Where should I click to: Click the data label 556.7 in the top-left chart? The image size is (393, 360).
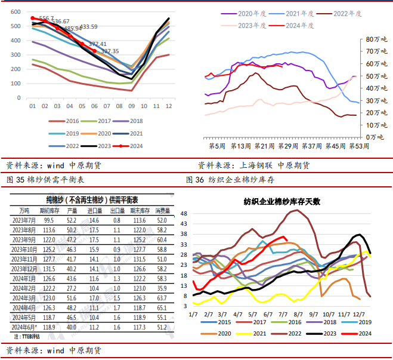(x=46, y=19)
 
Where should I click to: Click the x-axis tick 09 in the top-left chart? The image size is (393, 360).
(x=132, y=106)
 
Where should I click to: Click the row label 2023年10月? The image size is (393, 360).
(x=29, y=249)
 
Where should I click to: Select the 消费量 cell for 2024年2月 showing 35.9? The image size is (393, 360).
(x=160, y=288)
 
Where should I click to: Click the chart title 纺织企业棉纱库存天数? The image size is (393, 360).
(x=281, y=202)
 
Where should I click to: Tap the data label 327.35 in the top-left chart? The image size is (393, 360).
(x=110, y=51)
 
